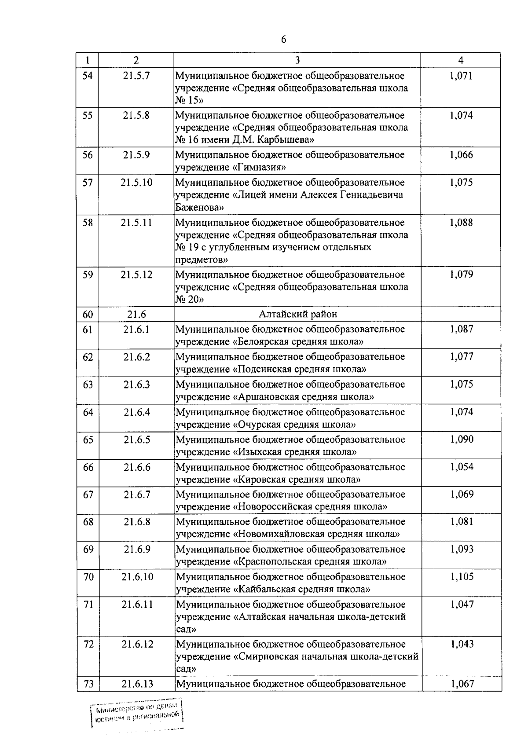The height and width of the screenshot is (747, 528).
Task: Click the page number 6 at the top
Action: [x=283, y=40]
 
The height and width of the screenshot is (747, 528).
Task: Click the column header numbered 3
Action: [x=297, y=60]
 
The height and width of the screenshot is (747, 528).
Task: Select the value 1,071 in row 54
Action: [x=461, y=76]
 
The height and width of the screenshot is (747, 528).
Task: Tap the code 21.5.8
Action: [x=136, y=115]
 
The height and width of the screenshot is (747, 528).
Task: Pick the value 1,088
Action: [x=461, y=223]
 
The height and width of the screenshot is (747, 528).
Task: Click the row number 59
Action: [x=88, y=275]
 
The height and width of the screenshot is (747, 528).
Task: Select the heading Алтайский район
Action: [x=298, y=314]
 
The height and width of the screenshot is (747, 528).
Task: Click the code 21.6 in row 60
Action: [x=136, y=314]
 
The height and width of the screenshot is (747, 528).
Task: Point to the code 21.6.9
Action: [x=137, y=549]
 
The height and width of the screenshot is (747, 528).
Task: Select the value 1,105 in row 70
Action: [x=462, y=577]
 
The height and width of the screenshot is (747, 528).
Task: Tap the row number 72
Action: [x=88, y=644]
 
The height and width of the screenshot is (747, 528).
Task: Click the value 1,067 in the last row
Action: [x=462, y=684]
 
